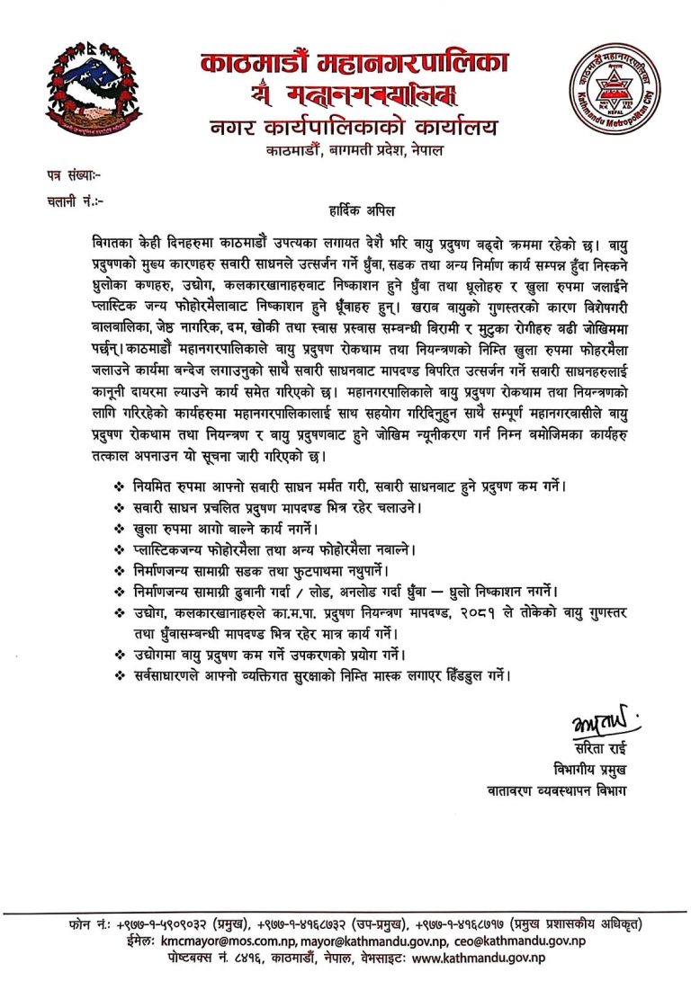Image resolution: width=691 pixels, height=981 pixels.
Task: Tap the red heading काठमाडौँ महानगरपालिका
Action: [x=354, y=64]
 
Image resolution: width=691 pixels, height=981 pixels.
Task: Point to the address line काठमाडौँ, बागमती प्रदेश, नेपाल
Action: [x=354, y=151]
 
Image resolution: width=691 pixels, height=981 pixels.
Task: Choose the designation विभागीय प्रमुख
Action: [x=589, y=770]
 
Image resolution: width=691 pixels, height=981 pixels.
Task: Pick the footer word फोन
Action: [x=80, y=924]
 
